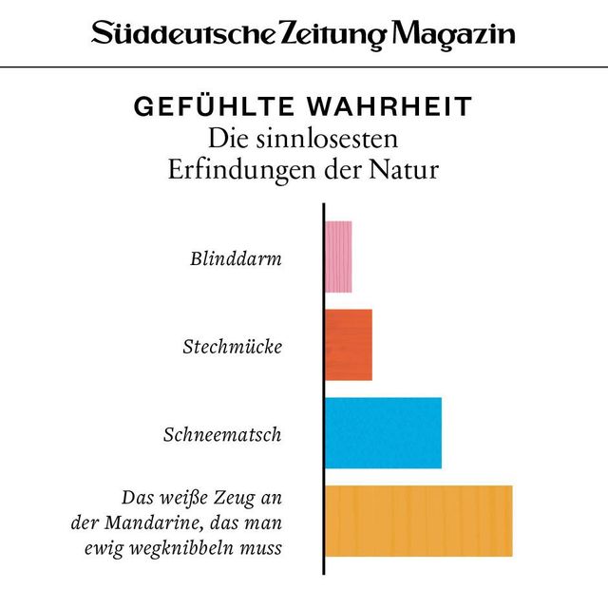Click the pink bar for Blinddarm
(x=338, y=256)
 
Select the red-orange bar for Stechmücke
(x=349, y=345)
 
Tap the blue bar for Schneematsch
(x=383, y=433)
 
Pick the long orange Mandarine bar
(x=418, y=521)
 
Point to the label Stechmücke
(x=232, y=346)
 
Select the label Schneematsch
(x=222, y=435)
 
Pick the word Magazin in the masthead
(x=454, y=35)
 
